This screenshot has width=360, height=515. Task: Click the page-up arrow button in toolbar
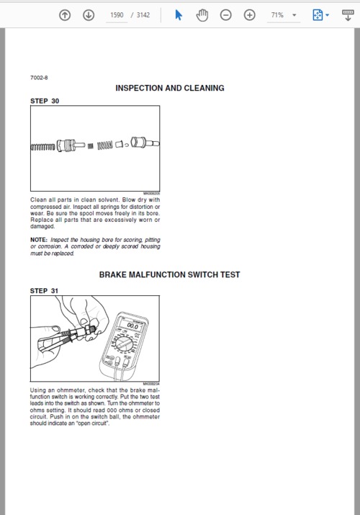coord(65,15)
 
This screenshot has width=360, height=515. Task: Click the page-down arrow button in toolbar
coord(89,15)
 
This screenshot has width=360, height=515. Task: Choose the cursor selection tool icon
coord(179,15)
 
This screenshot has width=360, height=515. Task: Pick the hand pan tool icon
coord(202,15)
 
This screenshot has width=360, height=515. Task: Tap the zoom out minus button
coord(226,15)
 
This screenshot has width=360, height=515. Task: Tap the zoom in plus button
coord(250,15)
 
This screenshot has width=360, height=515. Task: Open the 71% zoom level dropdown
coord(284,15)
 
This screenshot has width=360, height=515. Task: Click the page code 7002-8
coord(39,77)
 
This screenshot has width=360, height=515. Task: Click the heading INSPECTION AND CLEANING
coord(170,88)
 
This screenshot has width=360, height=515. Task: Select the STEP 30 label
coord(45,102)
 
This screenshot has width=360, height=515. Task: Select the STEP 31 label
coord(45,291)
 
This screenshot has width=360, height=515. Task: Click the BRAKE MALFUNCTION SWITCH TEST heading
coord(170,274)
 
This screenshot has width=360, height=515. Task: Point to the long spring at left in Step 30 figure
coord(42,147)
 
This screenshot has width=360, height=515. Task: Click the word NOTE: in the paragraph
coord(38,239)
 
